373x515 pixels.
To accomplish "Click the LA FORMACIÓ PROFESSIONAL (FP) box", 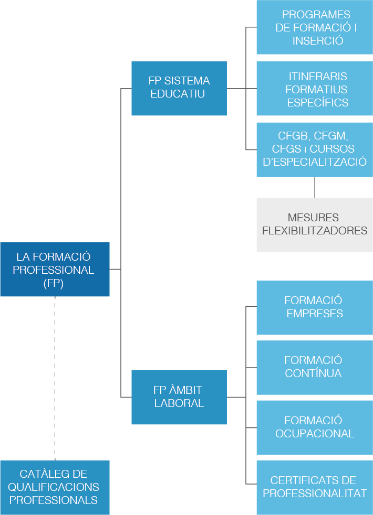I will tap(55, 270).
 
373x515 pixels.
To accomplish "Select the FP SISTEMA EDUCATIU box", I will tap(179, 88).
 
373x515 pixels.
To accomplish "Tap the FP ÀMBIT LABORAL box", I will tap(179, 397).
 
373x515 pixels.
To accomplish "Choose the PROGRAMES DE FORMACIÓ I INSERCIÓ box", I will tap(315, 27).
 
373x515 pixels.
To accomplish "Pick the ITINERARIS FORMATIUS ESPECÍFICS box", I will tap(315, 89).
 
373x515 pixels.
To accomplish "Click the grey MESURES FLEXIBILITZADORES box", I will tap(315, 224).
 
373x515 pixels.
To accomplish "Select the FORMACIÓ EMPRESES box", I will tap(315, 307).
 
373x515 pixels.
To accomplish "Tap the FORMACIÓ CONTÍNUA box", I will tap(315, 367).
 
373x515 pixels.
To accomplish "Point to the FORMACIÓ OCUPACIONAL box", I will tap(315, 427).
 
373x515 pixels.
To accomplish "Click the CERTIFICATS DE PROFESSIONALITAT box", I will tap(315, 487).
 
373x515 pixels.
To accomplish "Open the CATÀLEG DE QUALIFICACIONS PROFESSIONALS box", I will tap(55, 487).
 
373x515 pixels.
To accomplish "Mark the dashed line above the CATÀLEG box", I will tap(55, 378).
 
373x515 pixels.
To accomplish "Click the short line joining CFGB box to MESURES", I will tap(315, 187).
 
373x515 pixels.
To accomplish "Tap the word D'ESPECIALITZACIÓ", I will tap(315, 162).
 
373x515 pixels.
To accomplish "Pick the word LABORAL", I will tap(179, 403).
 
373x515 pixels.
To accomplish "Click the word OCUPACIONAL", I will tap(315, 434).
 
